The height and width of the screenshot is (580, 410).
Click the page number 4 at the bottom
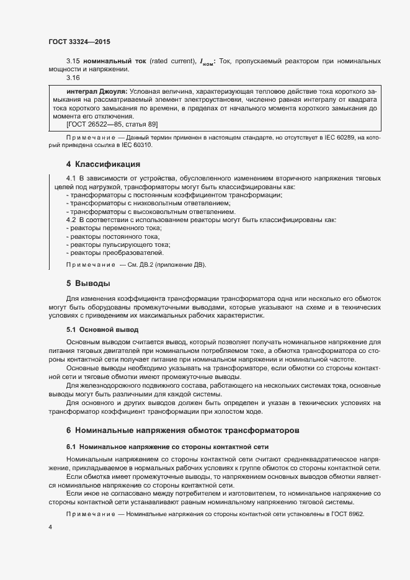point(50,527)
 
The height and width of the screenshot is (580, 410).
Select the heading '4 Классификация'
point(103,164)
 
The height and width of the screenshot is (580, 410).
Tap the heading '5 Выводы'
point(88,283)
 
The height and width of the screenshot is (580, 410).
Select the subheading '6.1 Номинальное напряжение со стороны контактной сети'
point(167,447)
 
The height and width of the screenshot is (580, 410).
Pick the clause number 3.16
point(73,78)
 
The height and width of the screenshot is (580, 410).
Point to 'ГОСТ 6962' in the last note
point(349,515)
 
